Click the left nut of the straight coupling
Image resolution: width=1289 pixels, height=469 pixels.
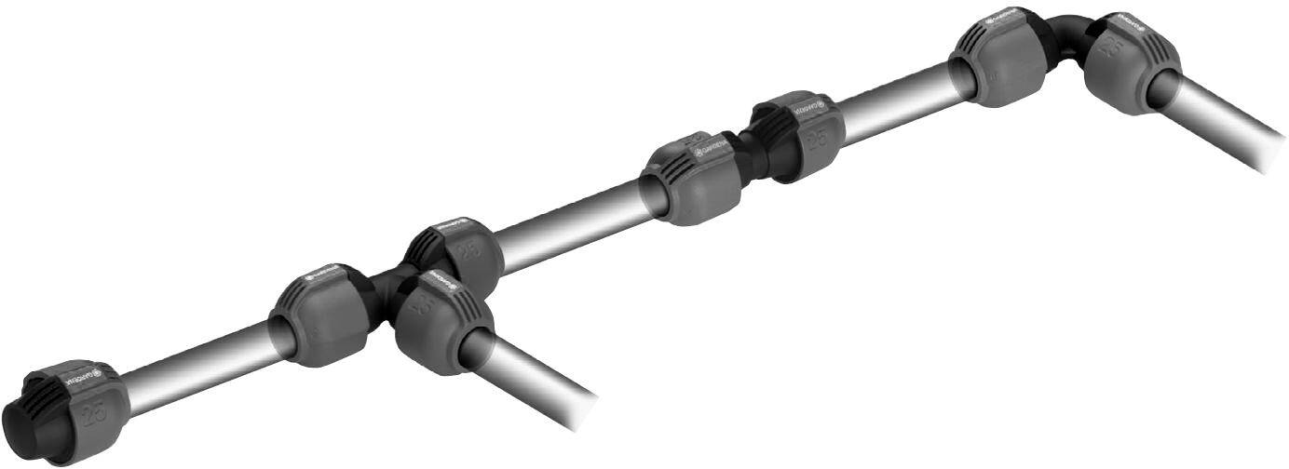coord(694,181)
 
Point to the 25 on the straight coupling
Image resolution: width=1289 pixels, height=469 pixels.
coord(820,139)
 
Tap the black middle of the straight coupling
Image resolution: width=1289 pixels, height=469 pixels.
coord(752,154)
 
